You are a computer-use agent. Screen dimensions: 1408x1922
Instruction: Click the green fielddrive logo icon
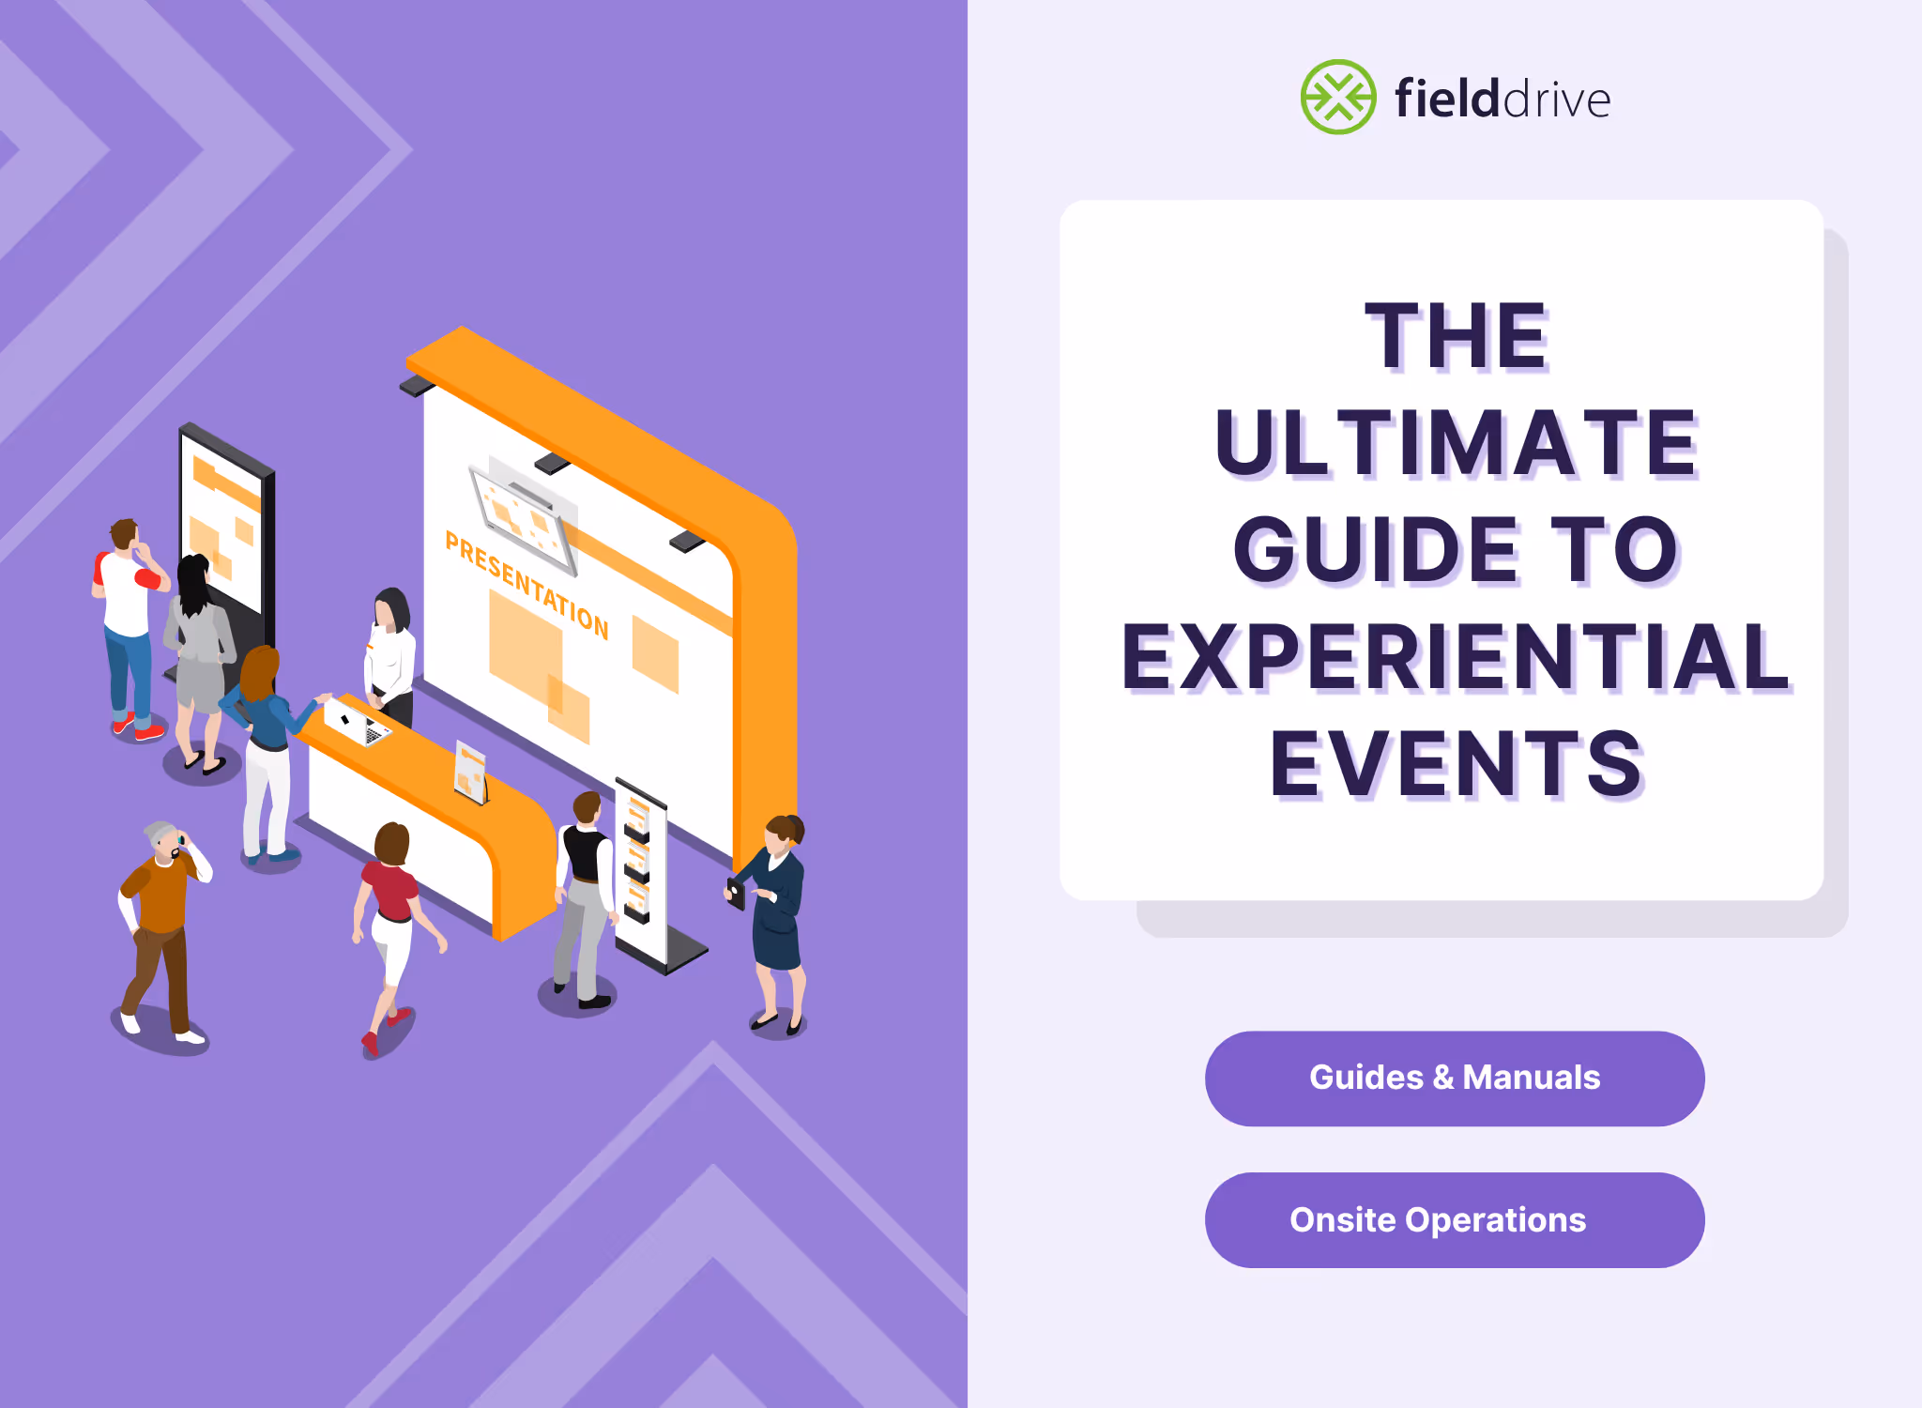[1337, 97]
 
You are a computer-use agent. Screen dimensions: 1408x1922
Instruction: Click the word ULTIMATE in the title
[1457, 443]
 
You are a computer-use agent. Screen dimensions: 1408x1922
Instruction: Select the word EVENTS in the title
[1457, 764]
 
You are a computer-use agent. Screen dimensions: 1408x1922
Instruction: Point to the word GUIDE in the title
[1376, 550]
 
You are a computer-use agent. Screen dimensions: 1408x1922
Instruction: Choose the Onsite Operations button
[1454, 1219]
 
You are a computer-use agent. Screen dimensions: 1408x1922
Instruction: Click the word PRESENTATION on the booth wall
[526, 585]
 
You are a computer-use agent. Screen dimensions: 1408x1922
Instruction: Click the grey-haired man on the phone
[161, 929]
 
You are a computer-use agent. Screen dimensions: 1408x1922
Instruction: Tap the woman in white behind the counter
[392, 652]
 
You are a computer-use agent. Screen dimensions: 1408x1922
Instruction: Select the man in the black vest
[585, 892]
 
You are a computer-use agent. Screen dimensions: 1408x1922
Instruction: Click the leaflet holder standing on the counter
[470, 772]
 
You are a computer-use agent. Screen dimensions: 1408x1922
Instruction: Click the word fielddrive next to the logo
[1502, 99]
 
